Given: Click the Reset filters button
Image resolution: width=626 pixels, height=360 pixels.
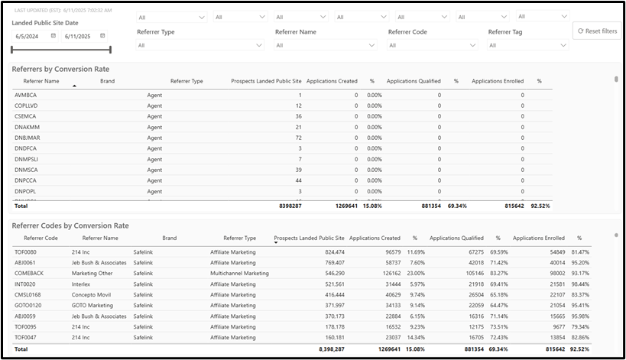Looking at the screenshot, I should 598,31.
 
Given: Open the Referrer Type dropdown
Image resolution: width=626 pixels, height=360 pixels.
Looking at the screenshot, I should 200,45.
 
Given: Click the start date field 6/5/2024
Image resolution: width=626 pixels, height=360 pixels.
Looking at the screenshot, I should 32,36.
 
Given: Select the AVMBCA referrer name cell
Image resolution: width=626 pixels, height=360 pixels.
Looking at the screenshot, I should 26,95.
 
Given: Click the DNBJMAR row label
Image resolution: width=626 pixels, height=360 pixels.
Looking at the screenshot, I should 28,138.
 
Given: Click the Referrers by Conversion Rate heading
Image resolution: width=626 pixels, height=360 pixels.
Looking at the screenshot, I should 60,69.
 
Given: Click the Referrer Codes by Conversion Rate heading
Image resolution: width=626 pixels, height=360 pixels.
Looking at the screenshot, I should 70,225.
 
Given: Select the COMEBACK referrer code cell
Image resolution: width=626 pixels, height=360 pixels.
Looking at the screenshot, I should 29,273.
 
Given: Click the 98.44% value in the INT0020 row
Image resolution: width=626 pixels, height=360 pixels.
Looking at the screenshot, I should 580,284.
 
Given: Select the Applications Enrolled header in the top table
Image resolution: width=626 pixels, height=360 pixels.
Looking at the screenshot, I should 498,80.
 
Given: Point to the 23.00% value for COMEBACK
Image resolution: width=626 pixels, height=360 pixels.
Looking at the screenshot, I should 414,273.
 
